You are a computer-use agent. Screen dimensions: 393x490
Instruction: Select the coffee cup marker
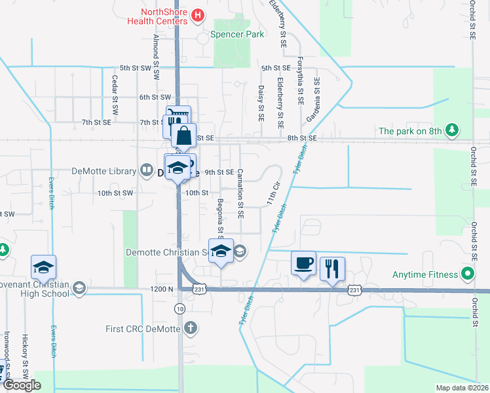point(303,263)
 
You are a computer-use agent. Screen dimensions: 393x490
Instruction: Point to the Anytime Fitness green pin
point(468,273)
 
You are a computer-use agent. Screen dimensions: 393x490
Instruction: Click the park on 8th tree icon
point(451,131)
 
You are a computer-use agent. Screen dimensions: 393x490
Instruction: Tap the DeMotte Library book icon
point(145,172)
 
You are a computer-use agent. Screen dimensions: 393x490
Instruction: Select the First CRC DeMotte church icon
point(190,327)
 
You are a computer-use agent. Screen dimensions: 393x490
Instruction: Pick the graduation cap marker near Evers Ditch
point(44,267)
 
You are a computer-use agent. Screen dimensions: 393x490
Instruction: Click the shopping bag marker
point(184,136)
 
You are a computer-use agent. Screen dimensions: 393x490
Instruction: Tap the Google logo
point(22,384)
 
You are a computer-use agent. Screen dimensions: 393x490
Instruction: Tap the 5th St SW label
point(136,67)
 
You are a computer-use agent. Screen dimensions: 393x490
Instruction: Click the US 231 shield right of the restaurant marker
point(354,290)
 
